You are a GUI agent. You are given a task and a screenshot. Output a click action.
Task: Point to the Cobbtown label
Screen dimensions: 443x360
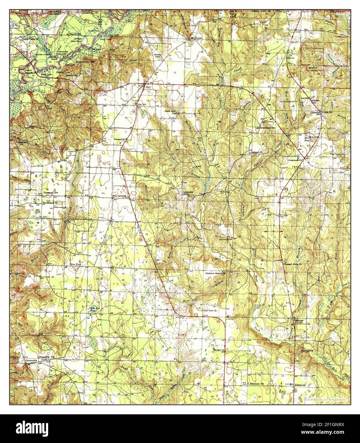(188, 192)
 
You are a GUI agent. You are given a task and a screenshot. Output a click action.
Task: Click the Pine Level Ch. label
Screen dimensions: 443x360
(111, 196)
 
